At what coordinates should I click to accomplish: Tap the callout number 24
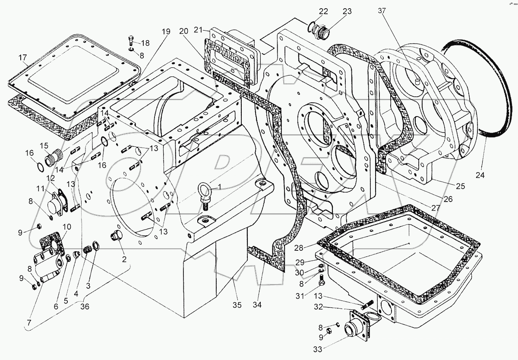click(480, 175)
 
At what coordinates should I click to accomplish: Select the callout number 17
click(23, 57)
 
